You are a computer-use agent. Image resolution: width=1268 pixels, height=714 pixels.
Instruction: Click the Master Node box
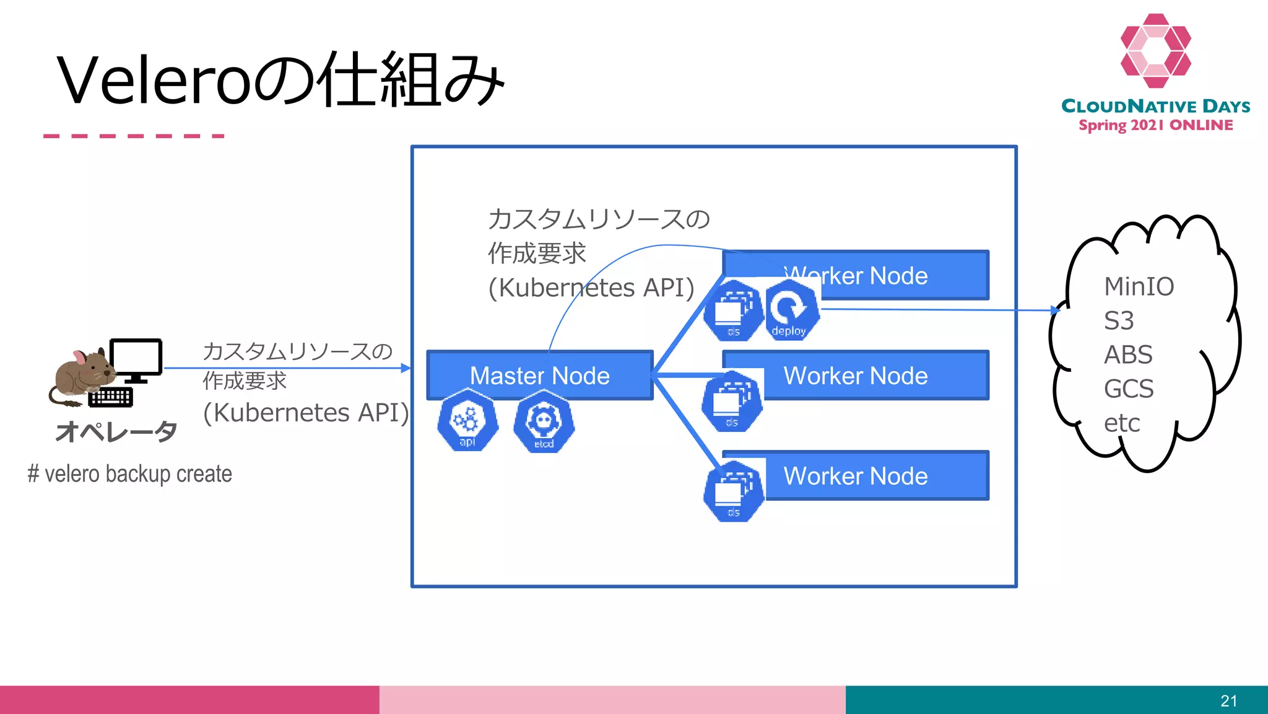pos(539,375)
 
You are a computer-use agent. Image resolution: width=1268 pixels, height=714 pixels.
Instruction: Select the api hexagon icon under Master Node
pos(467,421)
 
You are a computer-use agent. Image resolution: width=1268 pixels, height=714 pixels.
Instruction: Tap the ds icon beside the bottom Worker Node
pos(734,491)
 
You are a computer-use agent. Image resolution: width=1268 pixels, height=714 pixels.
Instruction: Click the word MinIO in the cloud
pos(1139,287)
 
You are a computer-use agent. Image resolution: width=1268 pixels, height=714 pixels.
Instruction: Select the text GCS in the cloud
pos(1129,389)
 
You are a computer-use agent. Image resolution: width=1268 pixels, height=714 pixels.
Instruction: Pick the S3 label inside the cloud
pos(1119,321)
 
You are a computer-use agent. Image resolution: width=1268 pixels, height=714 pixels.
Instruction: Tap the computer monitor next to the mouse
pos(136,359)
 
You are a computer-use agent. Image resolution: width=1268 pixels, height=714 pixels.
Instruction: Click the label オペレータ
pos(116,431)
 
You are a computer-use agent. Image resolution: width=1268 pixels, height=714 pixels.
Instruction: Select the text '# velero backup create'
pos(130,474)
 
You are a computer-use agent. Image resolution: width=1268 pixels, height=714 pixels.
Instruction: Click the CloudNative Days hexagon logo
pos(1155,51)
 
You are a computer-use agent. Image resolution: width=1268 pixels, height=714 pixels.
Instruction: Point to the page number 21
pos(1228,701)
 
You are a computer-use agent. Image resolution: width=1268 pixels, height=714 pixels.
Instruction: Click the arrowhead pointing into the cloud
pos(1056,310)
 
